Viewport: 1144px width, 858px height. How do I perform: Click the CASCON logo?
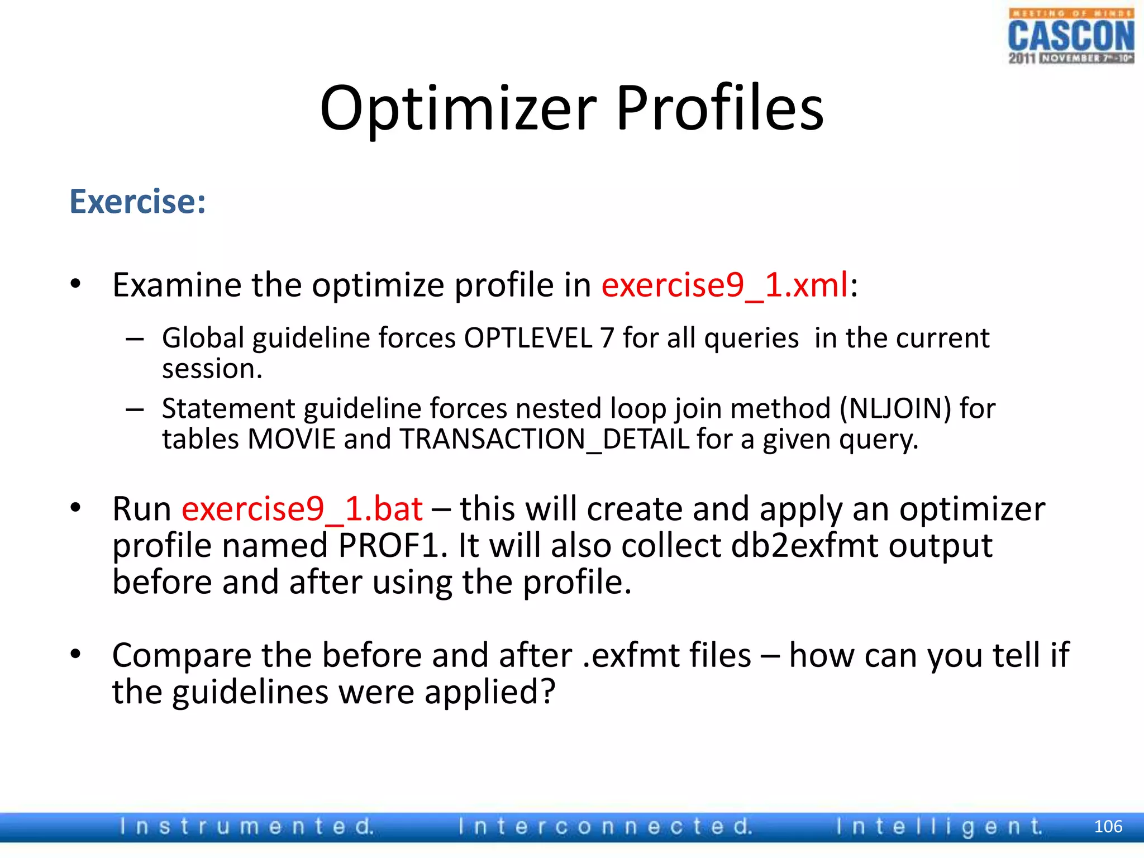click(x=1070, y=36)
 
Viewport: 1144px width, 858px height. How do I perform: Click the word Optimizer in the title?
click(x=458, y=109)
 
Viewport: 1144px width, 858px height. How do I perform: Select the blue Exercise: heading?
click(x=137, y=202)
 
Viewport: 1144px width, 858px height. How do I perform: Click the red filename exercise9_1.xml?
click(x=724, y=285)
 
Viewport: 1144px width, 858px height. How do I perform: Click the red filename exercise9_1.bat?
click(x=302, y=509)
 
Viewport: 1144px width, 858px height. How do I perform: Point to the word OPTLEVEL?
click(x=528, y=339)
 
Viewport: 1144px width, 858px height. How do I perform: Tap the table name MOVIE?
click(x=291, y=440)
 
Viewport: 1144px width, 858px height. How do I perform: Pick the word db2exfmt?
click(x=804, y=546)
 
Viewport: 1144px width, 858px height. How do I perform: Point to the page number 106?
click(x=1108, y=826)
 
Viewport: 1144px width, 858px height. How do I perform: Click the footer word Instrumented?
click(x=246, y=826)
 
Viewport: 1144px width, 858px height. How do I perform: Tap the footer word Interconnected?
click(x=605, y=826)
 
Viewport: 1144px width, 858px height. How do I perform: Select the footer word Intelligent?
click(x=939, y=826)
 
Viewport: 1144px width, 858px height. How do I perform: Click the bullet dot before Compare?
click(x=76, y=654)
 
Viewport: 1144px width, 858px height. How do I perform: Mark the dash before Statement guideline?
click(x=135, y=409)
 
